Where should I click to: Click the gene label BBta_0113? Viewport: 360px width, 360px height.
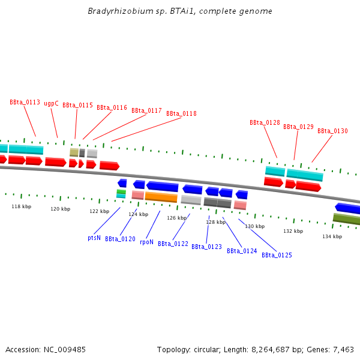[x=25, y=102]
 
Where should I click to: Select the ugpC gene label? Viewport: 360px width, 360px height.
[x=51, y=103]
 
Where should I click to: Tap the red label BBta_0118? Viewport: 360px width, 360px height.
[x=181, y=113]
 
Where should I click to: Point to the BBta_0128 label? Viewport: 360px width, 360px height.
[x=265, y=122]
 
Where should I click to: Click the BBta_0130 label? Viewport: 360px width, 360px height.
[x=332, y=131]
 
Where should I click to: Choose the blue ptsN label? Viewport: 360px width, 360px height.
[x=94, y=238]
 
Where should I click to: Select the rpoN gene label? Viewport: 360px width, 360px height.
[x=146, y=242]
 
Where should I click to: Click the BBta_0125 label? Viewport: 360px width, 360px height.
[x=277, y=255]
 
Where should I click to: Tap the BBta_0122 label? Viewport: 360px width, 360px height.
[x=173, y=244]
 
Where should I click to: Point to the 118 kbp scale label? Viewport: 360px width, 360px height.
[x=21, y=206]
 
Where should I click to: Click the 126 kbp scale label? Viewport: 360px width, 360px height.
[x=176, y=218]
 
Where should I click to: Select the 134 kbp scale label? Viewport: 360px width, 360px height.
[x=332, y=236]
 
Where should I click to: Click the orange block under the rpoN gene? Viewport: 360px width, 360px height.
[x=161, y=197]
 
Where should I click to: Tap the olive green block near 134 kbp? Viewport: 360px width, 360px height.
[x=346, y=219]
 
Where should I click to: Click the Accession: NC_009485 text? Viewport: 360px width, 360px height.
[x=46, y=349]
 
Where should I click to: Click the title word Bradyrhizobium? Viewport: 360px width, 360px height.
[x=113, y=11]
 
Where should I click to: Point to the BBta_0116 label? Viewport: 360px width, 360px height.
[x=112, y=108]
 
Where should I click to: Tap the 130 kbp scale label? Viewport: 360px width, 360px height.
[x=254, y=226]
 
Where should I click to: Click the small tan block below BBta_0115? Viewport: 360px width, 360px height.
[x=74, y=152]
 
